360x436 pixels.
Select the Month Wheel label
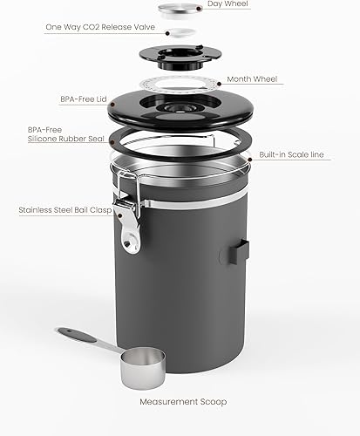tap(252, 79)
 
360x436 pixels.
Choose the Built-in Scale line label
tap(291, 154)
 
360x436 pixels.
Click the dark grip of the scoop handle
tap(74, 335)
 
